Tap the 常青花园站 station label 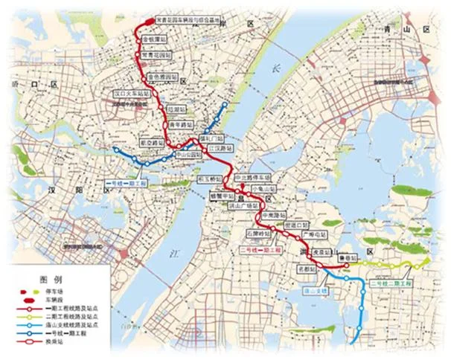[157, 56]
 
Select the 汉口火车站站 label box [129, 94]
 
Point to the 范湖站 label [176, 109]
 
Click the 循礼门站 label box [212, 138]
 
